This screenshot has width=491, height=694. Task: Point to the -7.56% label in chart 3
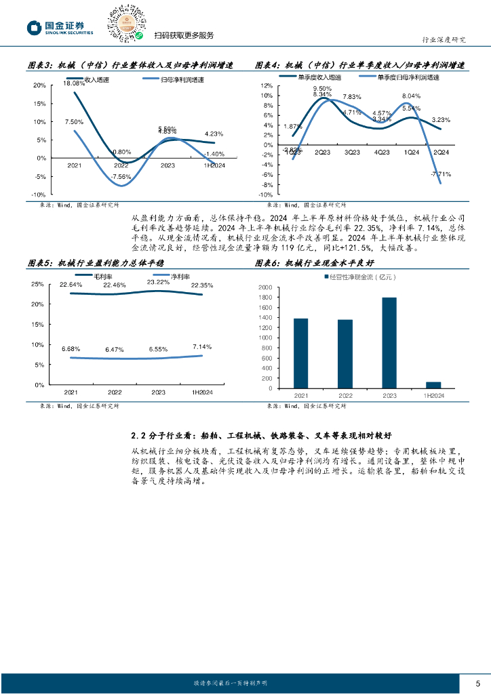[121, 178]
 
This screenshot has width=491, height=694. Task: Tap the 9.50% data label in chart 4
[322, 89]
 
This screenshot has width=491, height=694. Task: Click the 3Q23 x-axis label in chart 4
[351, 152]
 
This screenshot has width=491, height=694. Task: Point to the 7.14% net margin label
[202, 346]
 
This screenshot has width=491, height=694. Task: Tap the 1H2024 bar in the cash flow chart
[433, 386]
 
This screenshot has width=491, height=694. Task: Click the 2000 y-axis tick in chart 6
[265, 288]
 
